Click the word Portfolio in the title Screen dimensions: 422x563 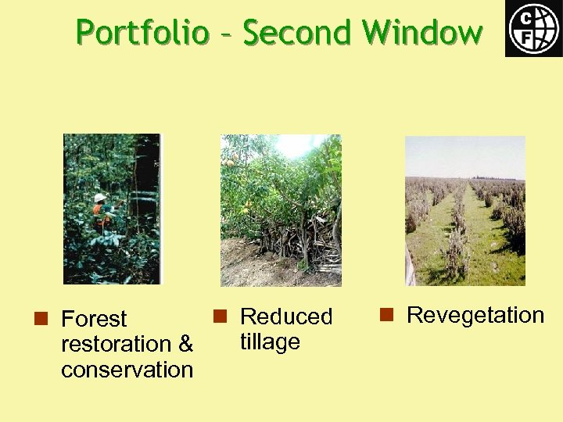pos(142,33)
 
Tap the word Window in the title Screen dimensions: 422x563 pos(423,33)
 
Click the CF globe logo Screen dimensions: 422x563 pos(533,28)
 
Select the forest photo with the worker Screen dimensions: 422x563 pos(112,209)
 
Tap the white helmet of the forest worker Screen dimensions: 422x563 pos(99,198)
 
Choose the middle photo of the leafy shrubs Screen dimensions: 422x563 pos(281,210)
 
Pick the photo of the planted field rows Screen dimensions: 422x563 pos(464,211)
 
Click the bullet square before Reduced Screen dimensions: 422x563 pos(220,316)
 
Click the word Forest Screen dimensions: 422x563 pos(94,319)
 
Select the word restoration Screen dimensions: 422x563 pos(116,344)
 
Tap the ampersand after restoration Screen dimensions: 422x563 pos(185,344)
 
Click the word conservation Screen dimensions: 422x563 pos(127,369)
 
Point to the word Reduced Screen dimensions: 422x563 pos(286,316)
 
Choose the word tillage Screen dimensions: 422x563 pos(270,342)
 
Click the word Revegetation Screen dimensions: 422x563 pos(475,315)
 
